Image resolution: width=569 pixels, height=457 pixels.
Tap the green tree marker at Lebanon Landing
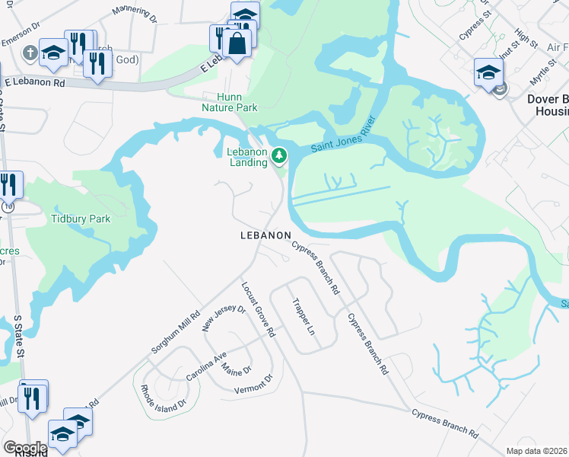coord(280,156)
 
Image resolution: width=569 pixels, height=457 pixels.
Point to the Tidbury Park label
coord(80,219)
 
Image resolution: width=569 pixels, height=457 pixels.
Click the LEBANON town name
coord(265,236)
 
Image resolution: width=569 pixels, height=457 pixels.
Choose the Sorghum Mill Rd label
coord(176,331)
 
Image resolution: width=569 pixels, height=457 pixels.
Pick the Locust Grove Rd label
coord(258,310)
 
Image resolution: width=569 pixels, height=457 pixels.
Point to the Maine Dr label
coord(236,369)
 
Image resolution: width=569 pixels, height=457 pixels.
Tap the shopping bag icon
coord(237,44)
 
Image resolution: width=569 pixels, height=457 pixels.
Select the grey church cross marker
coord(30,53)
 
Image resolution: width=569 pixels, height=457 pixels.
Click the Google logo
coord(25,448)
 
